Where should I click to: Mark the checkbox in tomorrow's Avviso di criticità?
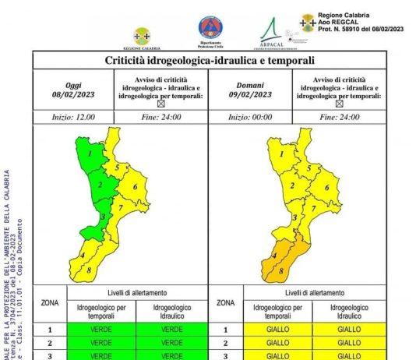pyautogui.click(x=337, y=103)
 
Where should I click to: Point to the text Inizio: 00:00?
pyautogui.click(x=249, y=116)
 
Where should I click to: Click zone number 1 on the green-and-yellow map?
pyautogui.click(x=90, y=154)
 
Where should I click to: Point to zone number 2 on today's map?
pyautogui.click(x=100, y=185)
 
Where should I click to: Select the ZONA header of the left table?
pyautogui.click(x=49, y=302)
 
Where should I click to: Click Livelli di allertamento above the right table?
pyautogui.click(x=313, y=292)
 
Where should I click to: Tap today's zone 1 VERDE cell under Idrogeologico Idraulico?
pyautogui.click(x=171, y=330)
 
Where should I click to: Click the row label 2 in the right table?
pyautogui.click(x=226, y=343)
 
